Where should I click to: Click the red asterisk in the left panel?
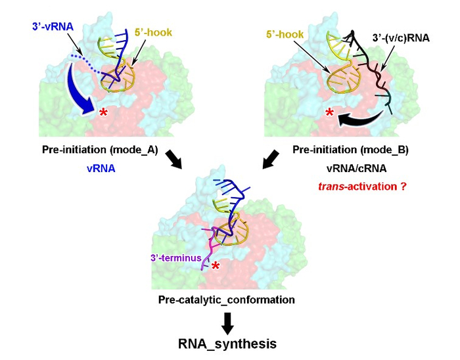click(103, 114)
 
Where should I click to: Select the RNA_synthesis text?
click(226, 343)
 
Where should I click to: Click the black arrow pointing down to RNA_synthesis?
click(227, 321)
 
